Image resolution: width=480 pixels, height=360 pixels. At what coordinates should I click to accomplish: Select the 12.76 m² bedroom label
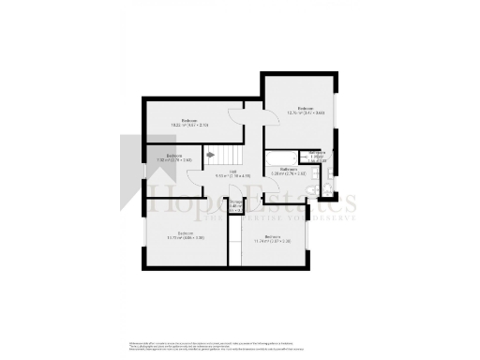(x=306, y=111)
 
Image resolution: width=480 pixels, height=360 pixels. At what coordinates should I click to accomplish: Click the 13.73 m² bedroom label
(x=187, y=235)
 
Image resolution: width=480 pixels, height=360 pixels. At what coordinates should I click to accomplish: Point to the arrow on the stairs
(x=211, y=156)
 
